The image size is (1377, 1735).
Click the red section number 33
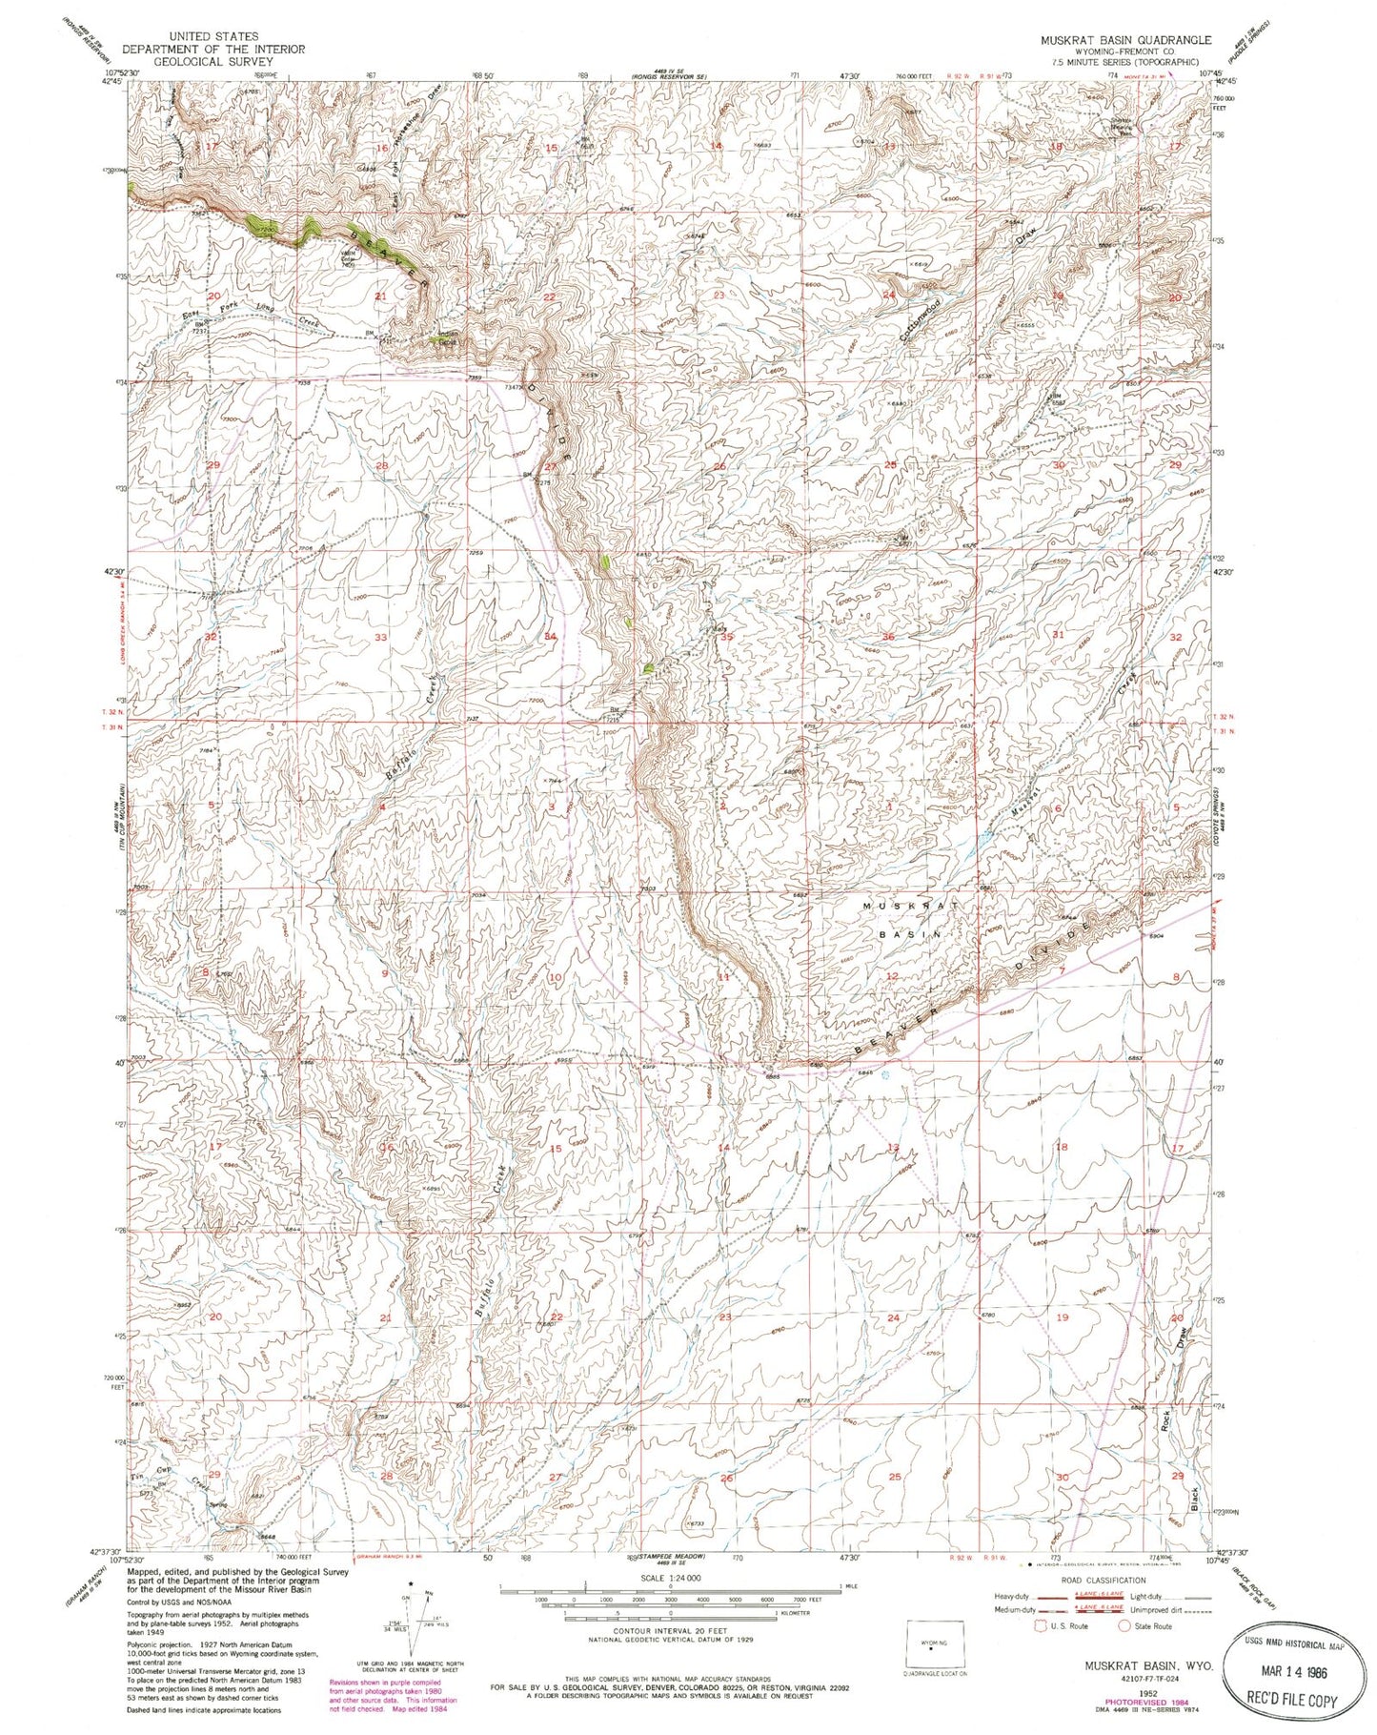[x=381, y=637]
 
